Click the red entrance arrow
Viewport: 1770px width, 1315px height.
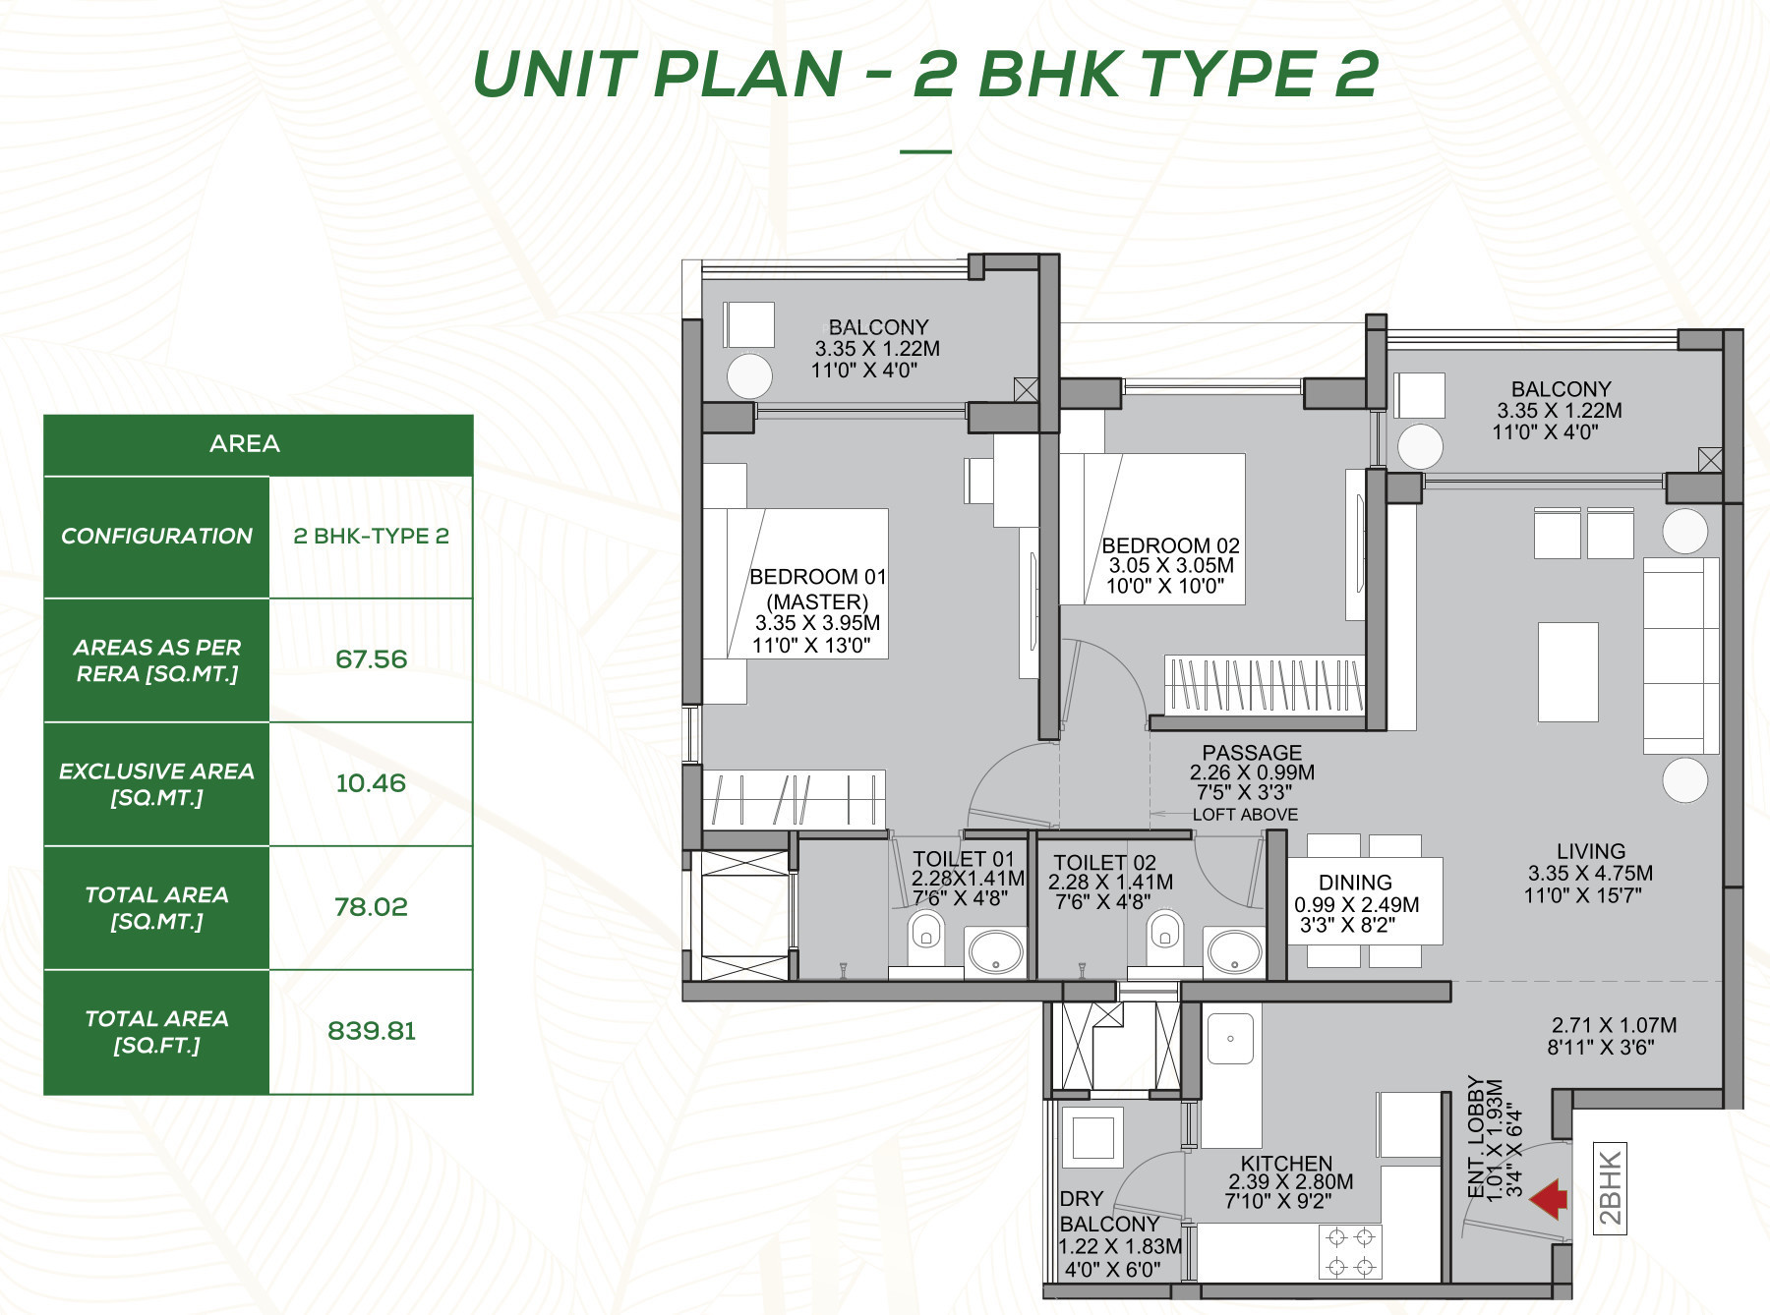point(1550,1200)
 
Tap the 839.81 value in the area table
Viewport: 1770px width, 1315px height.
point(372,1031)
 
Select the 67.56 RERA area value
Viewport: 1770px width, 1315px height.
point(372,659)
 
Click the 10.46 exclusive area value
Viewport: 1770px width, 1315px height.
point(371,783)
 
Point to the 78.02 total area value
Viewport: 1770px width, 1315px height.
point(371,907)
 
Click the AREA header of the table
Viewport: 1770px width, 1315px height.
point(245,444)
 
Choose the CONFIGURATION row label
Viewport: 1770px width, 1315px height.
point(157,537)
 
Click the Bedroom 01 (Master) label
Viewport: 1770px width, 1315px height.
point(817,589)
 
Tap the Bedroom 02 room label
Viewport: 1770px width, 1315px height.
point(1170,545)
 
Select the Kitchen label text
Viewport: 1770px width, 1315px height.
point(1286,1163)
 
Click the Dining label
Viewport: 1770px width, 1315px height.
point(1355,883)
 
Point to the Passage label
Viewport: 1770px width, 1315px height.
point(1252,752)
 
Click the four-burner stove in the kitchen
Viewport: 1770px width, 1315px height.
point(1350,1252)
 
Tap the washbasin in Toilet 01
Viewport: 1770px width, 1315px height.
point(995,951)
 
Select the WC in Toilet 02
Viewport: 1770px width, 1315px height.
point(1165,938)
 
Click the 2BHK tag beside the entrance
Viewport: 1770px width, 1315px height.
point(1609,1188)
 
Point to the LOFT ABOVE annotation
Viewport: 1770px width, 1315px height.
point(1245,815)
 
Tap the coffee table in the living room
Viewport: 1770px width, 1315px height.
point(1568,672)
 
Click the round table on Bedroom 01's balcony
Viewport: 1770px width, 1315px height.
point(750,375)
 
